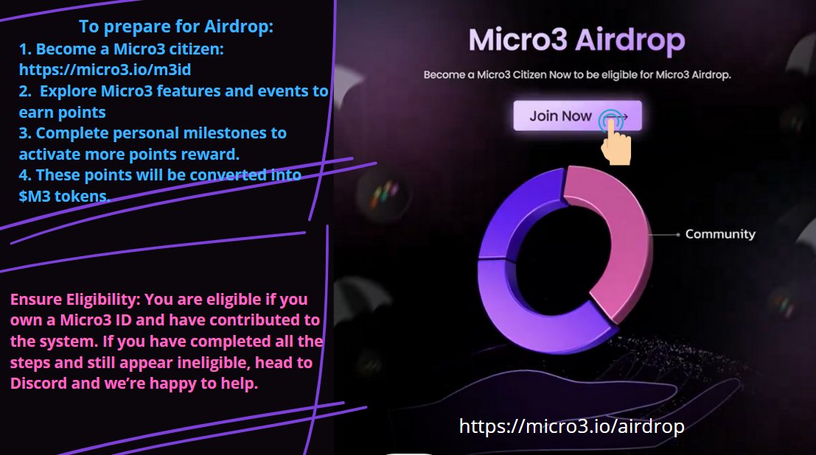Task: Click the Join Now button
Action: (561, 116)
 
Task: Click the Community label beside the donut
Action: (720, 234)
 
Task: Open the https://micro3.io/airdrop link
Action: (571, 426)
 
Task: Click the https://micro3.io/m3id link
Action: (110, 70)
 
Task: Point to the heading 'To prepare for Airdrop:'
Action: (176, 27)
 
